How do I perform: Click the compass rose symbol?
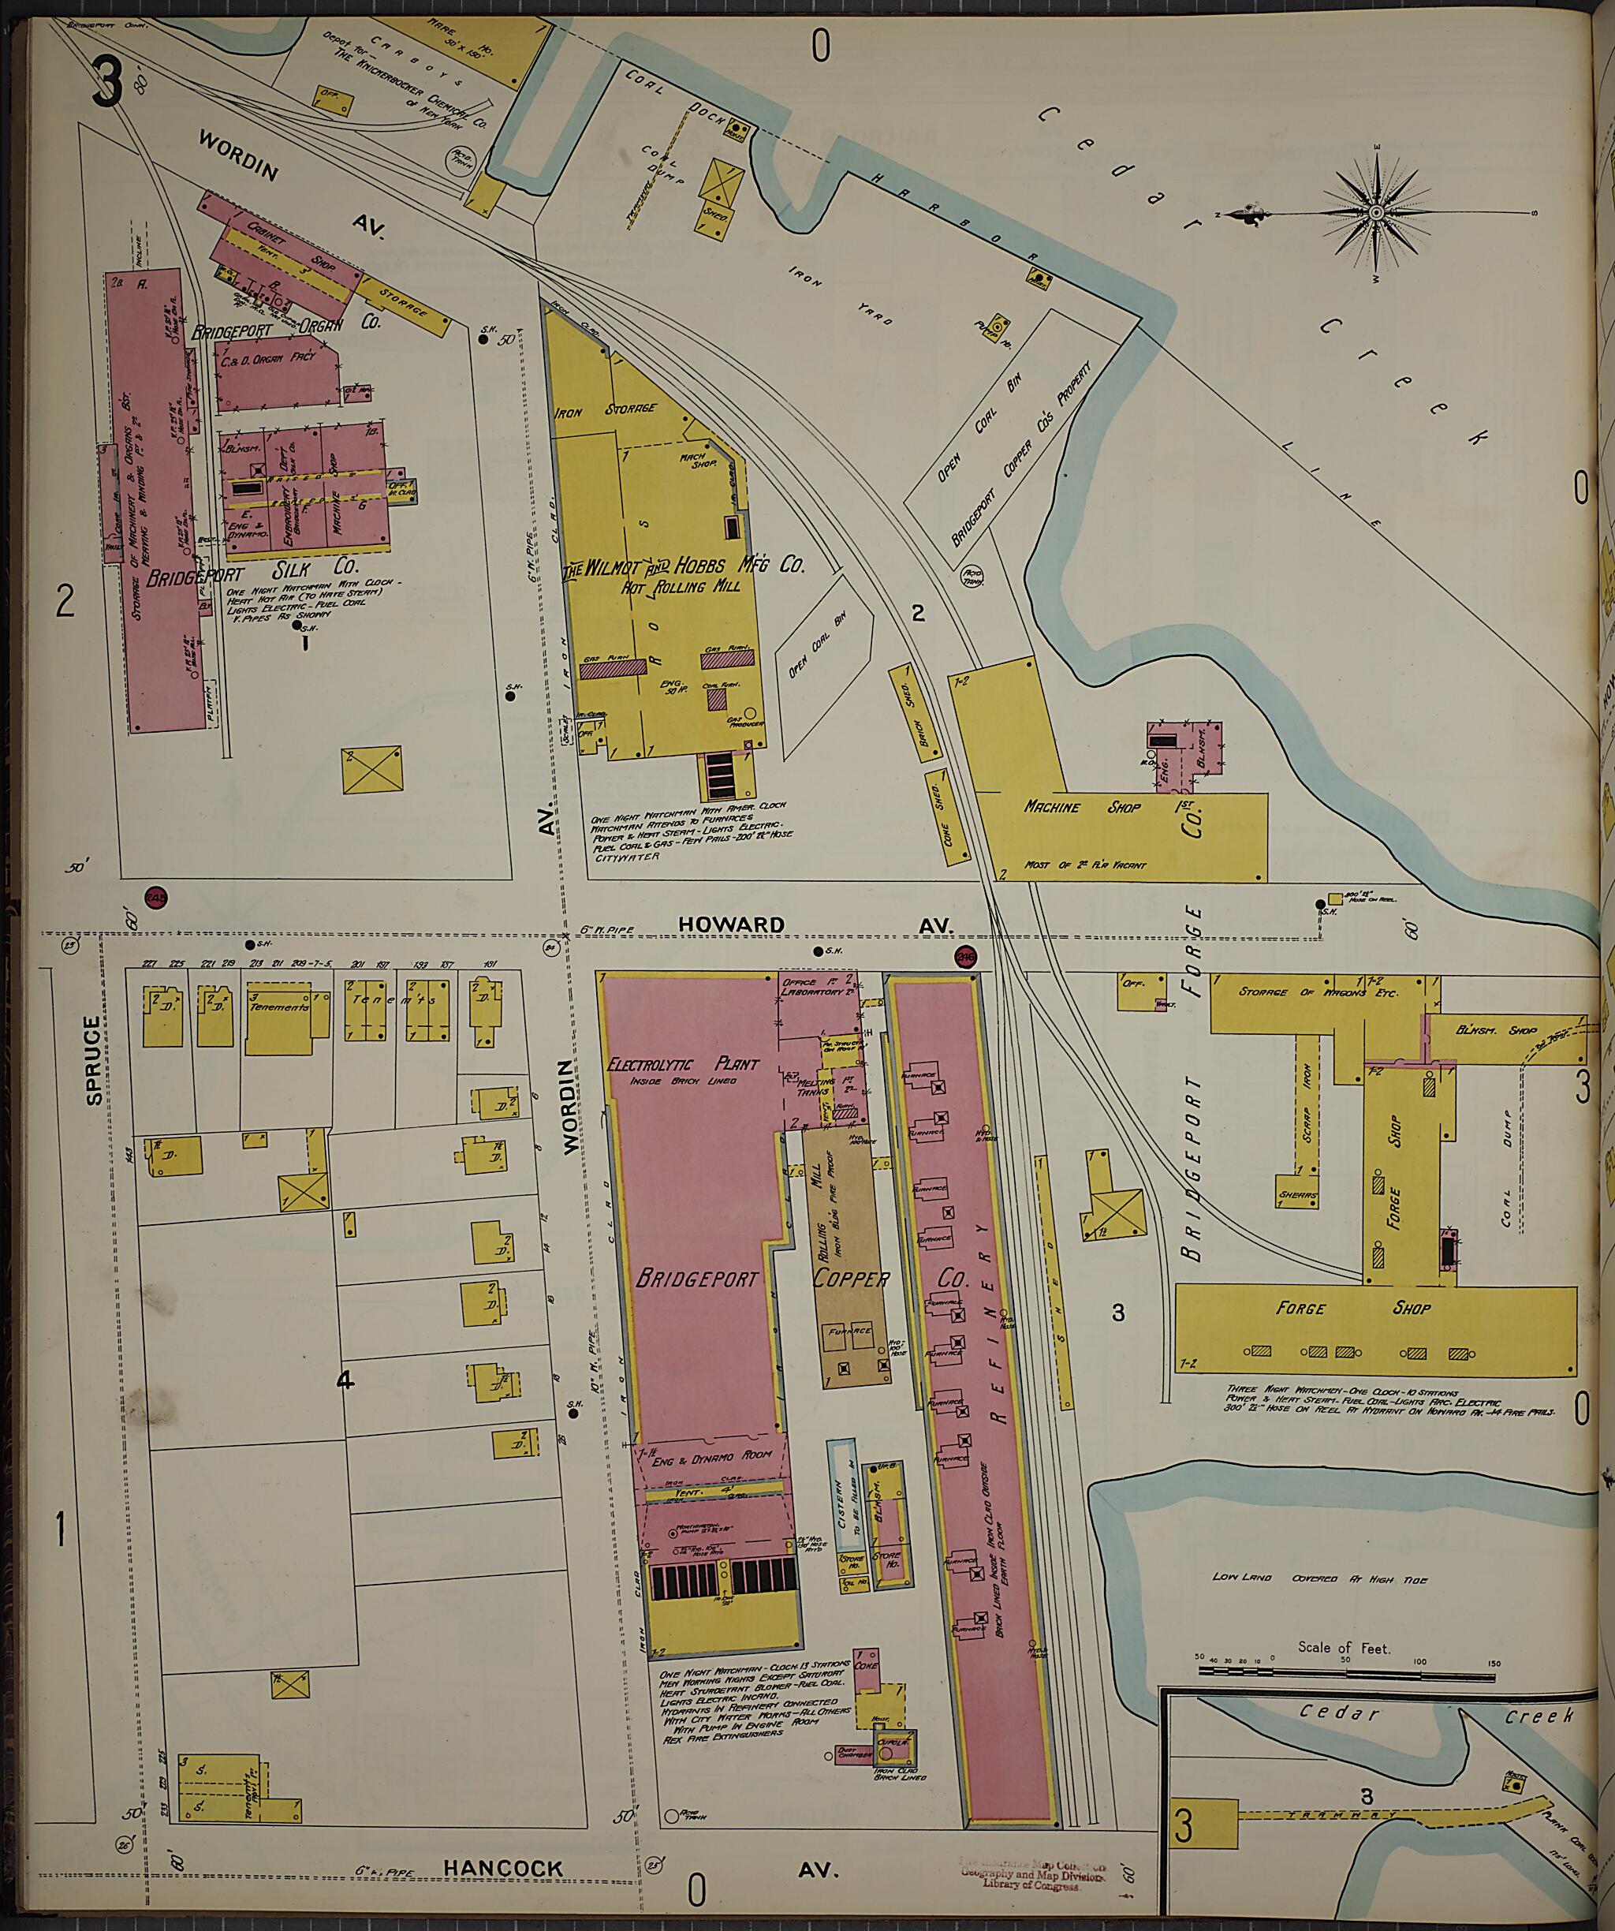1376,213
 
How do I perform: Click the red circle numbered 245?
155,898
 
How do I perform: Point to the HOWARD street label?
732,924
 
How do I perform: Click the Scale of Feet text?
1344,1647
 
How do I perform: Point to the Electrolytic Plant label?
684,1064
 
